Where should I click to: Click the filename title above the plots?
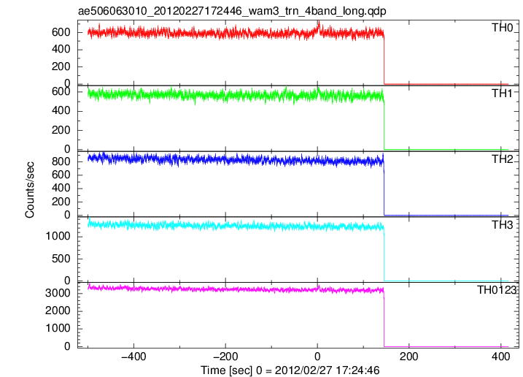232,11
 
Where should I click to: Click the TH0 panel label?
502,28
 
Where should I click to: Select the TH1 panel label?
502,94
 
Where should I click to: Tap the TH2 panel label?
502,159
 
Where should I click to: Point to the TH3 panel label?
502,225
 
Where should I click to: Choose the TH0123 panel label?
497,290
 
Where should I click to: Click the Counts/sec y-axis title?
30,190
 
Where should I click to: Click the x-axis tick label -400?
133,357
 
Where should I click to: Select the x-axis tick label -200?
225,357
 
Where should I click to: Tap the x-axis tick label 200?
409,357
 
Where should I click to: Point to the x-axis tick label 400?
500,357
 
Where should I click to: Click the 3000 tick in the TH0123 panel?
58,293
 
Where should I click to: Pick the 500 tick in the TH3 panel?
61,259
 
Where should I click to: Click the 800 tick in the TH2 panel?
61,161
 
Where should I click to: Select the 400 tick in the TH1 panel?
61,110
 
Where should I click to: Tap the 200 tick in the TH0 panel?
61,66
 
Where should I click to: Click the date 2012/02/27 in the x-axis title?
303,370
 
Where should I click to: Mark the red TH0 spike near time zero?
319,24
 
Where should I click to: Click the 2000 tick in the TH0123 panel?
58,311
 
